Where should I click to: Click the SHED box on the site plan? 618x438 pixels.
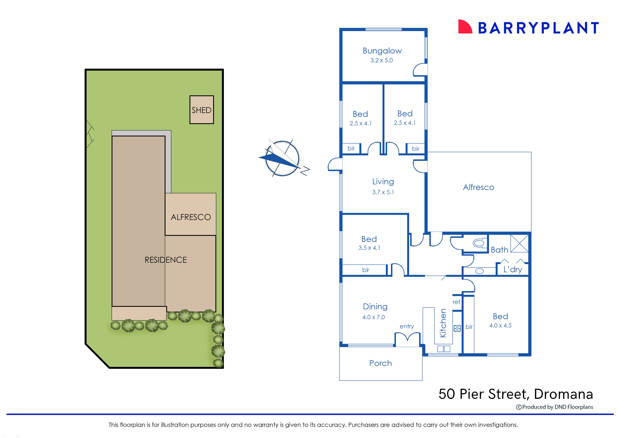coord(201,110)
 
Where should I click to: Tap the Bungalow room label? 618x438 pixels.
coord(382,51)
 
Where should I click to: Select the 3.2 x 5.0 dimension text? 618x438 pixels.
coord(382,60)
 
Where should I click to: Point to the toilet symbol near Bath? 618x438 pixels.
coord(479,243)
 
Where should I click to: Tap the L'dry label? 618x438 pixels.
coord(513,269)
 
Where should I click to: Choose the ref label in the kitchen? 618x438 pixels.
coord(456,302)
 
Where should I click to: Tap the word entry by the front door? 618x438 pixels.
coord(407,326)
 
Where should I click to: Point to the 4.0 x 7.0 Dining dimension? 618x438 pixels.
coord(374,317)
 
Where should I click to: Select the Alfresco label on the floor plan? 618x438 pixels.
coord(479,187)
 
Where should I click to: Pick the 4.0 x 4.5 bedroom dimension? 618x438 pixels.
coord(500,326)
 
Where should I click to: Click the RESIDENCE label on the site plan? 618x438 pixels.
coord(166,260)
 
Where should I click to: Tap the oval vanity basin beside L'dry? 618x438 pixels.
coord(479,271)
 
